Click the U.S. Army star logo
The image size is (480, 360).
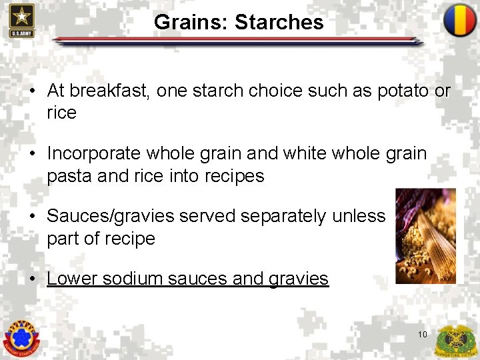(22, 20)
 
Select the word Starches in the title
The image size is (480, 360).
(279, 22)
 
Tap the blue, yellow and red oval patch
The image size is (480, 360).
(460, 21)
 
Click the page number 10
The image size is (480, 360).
(423, 334)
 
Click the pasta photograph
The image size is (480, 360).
(425, 236)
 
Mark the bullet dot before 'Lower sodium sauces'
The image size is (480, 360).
(31, 279)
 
